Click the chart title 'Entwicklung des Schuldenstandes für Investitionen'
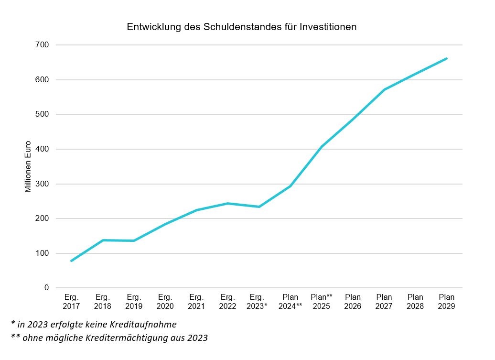coord(241,27)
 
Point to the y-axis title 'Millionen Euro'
coord(28,166)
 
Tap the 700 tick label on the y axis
coord(43,45)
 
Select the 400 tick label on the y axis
coord(43,149)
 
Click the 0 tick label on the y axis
coord(47,288)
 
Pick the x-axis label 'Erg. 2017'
coord(71,302)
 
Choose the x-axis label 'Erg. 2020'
coord(165,302)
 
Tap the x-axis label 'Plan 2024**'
coord(290,302)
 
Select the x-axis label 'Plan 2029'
coord(446,302)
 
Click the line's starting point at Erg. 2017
coord(71,261)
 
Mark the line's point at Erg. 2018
coord(103,240)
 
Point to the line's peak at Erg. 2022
coord(228,203)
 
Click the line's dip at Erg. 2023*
coord(259,207)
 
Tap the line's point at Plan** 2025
coord(322,146)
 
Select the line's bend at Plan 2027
coord(384,89)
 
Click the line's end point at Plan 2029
coord(446,58)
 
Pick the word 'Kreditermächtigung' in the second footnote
coord(127,338)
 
